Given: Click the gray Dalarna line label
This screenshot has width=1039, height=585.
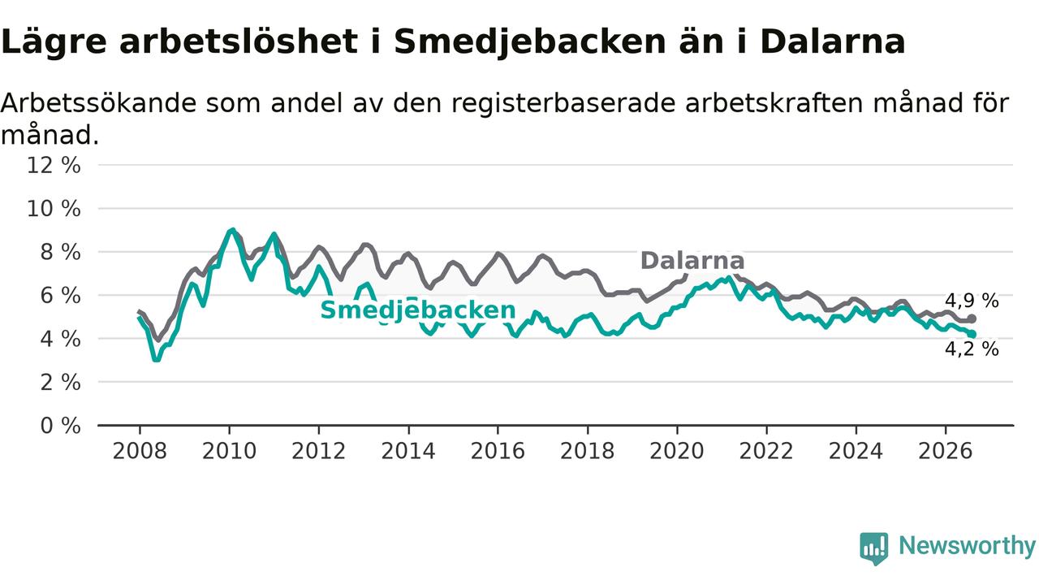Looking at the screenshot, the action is coord(692,261).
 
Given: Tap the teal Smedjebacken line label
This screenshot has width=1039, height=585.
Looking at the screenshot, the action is coord(418,310).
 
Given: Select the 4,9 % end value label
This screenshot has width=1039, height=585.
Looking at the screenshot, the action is coord(972,301).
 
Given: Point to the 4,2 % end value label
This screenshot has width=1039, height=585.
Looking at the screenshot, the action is coord(972,349).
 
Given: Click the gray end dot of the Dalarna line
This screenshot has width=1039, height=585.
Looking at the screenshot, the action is coord(972,319).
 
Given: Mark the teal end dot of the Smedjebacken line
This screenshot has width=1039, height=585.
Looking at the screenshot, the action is coord(972,334).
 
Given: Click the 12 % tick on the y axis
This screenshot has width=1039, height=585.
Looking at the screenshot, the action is coord(54,165).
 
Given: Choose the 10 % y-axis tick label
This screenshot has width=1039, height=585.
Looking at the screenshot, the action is coord(54,209).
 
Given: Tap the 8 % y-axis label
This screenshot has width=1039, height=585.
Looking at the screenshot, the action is coord(60,252).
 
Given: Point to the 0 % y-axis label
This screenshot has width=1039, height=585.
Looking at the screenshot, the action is coord(60,426).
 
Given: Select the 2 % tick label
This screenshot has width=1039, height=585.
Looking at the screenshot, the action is coord(60,383).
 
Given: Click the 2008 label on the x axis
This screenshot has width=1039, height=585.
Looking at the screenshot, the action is coord(139,451).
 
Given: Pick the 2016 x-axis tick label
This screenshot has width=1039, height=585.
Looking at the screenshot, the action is coord(498,451).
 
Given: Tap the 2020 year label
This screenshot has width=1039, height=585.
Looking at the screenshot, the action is coord(677,451).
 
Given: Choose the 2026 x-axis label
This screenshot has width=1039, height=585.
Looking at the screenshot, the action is coord(946,451).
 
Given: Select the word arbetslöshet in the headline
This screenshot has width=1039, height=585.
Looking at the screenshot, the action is coord(239,41).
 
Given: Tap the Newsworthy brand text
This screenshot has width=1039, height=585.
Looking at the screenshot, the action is coord(967,546).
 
